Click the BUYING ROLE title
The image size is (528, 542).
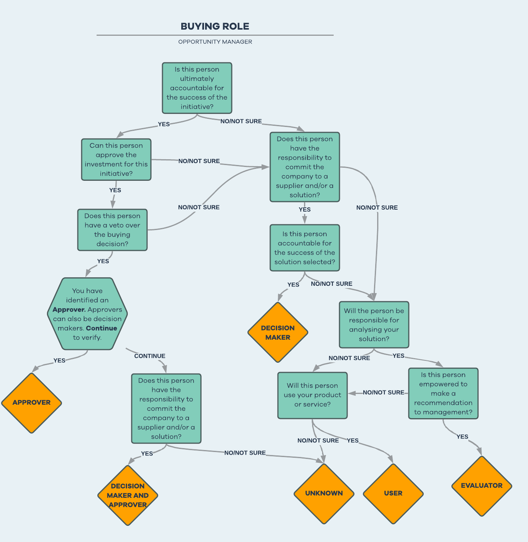tap(215, 26)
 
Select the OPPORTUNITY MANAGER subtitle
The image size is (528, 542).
tap(215, 42)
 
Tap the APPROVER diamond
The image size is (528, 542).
tap(32, 402)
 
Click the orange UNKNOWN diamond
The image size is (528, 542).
tap(324, 493)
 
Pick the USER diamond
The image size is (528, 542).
tap(393, 493)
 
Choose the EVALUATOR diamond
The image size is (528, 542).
tap(481, 485)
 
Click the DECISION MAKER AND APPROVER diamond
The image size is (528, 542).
tap(128, 495)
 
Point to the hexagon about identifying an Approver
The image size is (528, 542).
tap(87, 314)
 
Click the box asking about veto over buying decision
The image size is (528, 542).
tap(112, 230)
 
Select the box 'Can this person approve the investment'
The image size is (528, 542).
tap(116, 159)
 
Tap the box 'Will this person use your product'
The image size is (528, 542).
tap(312, 395)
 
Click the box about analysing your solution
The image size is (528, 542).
tap(374, 325)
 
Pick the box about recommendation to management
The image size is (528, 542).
tap(443, 393)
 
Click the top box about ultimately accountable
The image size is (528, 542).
tap(197, 88)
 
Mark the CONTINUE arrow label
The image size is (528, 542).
tap(150, 356)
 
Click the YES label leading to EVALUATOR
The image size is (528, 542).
tap(462, 437)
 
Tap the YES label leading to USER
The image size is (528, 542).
tap(353, 440)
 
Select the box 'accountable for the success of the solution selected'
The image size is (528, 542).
tap(305, 248)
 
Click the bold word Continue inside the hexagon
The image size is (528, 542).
tap(102, 328)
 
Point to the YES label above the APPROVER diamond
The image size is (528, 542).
tap(59, 360)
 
